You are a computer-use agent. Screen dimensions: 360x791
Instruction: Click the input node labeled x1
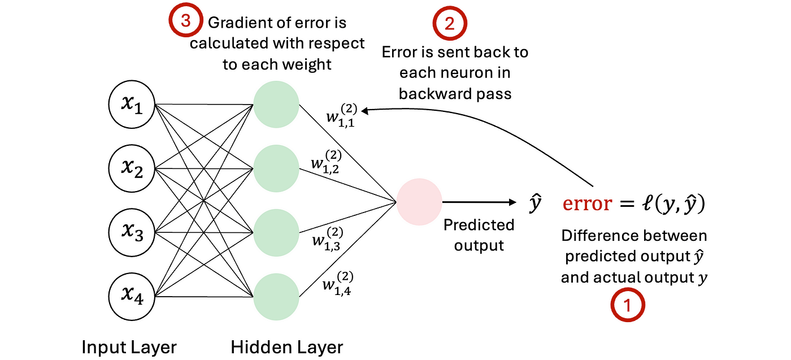click(x=131, y=106)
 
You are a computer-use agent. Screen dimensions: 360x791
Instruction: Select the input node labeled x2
click(x=131, y=168)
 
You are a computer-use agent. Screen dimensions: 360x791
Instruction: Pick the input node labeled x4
click(x=131, y=296)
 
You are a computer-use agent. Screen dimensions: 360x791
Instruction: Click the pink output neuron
click(x=419, y=201)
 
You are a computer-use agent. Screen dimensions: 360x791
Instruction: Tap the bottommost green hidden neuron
click(x=276, y=296)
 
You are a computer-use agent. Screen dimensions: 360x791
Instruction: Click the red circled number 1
click(x=628, y=306)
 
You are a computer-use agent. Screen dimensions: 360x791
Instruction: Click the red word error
click(x=587, y=203)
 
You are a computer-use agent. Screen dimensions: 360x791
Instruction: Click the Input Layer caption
click(x=129, y=346)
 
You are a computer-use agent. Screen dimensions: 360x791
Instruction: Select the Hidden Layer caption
click(x=286, y=346)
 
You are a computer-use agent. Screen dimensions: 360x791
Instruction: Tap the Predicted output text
click(x=479, y=235)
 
